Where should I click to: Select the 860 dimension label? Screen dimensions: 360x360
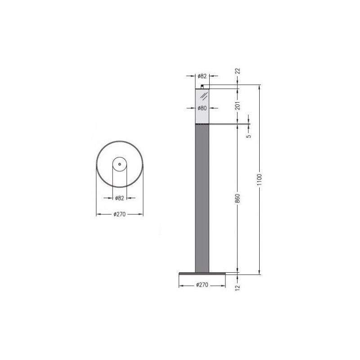click(x=238, y=198)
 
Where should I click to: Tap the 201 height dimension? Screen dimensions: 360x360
click(x=238, y=106)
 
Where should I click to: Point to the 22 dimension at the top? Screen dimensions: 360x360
click(x=238, y=71)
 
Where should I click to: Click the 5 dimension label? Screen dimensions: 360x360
click(x=249, y=136)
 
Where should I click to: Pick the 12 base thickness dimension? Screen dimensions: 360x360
click(x=238, y=287)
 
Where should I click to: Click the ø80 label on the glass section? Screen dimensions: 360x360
click(x=202, y=108)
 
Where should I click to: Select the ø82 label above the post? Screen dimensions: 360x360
click(x=202, y=76)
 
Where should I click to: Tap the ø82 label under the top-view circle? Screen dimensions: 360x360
click(x=120, y=198)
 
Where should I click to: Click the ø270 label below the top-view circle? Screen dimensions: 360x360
click(x=120, y=214)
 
